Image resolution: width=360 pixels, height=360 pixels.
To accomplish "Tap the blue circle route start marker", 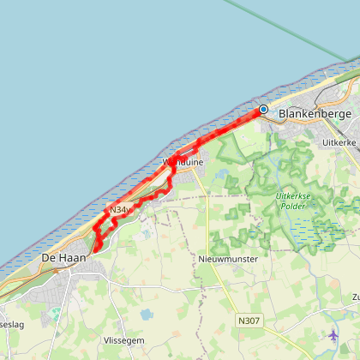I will click(x=263, y=110).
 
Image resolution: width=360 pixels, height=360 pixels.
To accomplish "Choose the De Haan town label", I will click(x=65, y=256).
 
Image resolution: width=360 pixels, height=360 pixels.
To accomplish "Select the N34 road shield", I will click(x=119, y=209).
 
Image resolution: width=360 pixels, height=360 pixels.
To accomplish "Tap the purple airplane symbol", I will click(x=333, y=333).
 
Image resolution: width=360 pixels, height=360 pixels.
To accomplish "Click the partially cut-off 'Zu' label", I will click(x=354, y=297).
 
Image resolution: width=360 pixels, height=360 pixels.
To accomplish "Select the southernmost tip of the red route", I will click(x=97, y=249).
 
